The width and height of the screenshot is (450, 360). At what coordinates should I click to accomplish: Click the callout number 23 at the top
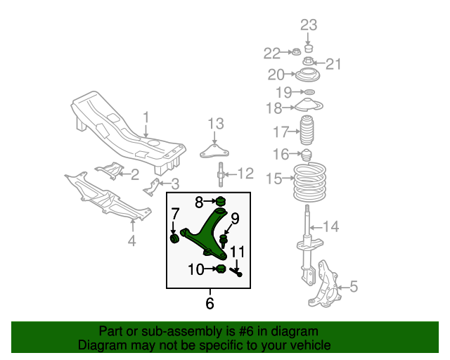click(x=309, y=25)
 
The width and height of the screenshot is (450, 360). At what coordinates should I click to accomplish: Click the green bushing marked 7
click(x=175, y=240)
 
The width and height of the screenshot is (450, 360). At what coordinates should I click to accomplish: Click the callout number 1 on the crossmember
click(x=146, y=117)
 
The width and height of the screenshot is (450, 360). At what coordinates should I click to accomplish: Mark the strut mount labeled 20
click(x=308, y=76)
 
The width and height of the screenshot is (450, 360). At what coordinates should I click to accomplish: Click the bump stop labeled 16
click(x=307, y=155)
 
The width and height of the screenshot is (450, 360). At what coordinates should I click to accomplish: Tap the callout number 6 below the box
click(x=209, y=304)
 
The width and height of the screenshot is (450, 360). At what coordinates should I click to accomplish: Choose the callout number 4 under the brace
click(x=131, y=243)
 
